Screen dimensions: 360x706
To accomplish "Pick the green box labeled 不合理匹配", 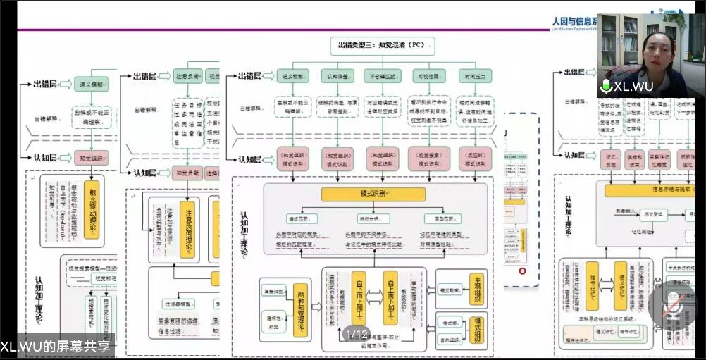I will point(384,75).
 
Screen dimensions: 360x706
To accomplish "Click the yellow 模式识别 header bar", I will point(373,194).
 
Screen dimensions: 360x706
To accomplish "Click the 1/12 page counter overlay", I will point(357,335).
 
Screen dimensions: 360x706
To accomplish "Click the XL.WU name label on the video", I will point(633,87).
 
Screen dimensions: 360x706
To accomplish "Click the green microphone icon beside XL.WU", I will point(605,86).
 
